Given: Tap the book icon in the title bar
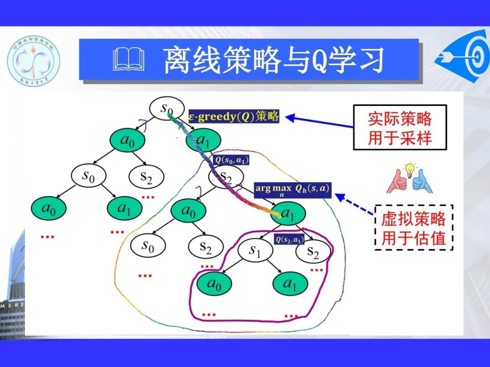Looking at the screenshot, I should tap(129, 61).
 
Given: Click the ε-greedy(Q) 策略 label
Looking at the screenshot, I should tap(234, 116).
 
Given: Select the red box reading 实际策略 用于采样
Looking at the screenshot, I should tap(400, 127).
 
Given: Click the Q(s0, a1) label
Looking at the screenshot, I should tap(231, 160).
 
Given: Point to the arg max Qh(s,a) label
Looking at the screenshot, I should tap(293, 189).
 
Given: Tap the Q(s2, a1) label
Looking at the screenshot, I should tap(289, 240).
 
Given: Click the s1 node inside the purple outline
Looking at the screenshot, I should tap(255, 252).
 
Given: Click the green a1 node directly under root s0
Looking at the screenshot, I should tap(204, 141).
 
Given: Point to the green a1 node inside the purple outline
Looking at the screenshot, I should tap(289, 284).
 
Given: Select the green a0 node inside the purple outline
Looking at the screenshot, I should tap(214, 284).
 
